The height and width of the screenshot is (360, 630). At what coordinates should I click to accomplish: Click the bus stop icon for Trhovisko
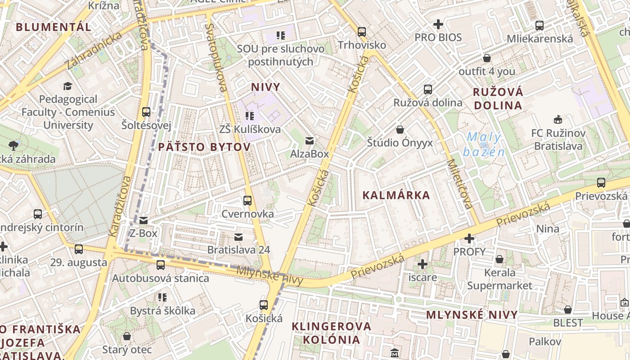362,32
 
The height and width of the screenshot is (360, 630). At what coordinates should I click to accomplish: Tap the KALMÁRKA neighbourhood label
396,195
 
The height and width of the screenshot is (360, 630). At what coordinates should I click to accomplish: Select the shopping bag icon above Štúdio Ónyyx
400,130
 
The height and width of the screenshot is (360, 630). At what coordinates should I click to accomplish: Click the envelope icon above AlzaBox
310,141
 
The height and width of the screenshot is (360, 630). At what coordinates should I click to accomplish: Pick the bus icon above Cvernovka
247,200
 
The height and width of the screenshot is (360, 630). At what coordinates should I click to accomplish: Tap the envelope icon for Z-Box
144,220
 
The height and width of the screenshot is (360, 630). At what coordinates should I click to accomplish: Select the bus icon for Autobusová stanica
161,265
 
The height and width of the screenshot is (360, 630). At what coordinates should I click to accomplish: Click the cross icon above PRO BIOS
438,24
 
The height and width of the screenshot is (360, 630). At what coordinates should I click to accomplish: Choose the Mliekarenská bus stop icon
540,26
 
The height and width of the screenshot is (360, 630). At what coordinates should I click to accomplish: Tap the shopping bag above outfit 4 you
487,58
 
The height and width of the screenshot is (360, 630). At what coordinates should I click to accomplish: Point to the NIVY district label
265,87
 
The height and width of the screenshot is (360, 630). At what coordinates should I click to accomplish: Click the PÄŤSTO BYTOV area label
204,147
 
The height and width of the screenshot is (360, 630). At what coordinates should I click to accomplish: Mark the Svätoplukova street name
216,57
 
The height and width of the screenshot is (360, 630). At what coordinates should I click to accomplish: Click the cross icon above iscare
422,264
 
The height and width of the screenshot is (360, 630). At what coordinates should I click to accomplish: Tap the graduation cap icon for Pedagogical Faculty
67,86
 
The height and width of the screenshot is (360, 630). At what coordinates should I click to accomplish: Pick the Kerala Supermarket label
499,279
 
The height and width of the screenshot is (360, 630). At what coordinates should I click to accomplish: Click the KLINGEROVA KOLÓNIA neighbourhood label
332,333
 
